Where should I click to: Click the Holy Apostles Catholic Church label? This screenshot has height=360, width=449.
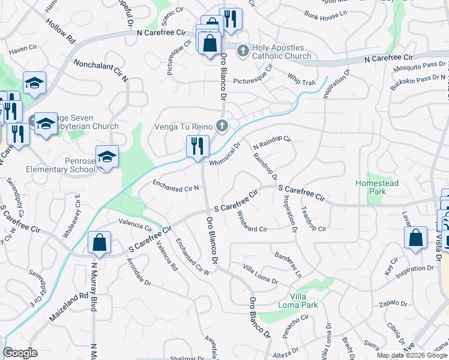coord(278,52)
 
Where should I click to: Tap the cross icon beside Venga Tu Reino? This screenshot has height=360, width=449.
coord(222,125)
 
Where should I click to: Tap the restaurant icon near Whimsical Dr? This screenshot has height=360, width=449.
coord(197,146)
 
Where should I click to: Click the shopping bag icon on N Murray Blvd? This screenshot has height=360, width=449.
coord(99,242)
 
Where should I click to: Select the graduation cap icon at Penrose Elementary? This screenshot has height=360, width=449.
coord(107,157)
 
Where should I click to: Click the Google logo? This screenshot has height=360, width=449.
coord(20,353)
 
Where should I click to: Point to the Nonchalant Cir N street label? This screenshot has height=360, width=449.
coord(101,71)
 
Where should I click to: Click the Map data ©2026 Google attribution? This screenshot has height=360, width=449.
coord(412,355)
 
